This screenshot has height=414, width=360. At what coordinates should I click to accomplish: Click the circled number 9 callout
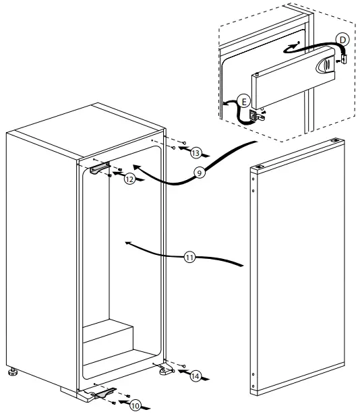point(199,173)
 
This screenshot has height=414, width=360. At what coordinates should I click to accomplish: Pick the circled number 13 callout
point(195,152)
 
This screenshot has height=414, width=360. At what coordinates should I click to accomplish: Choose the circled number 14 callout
point(195,377)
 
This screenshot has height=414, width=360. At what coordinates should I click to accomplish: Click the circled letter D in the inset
point(342,40)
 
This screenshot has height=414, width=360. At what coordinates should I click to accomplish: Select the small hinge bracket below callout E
point(257,115)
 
